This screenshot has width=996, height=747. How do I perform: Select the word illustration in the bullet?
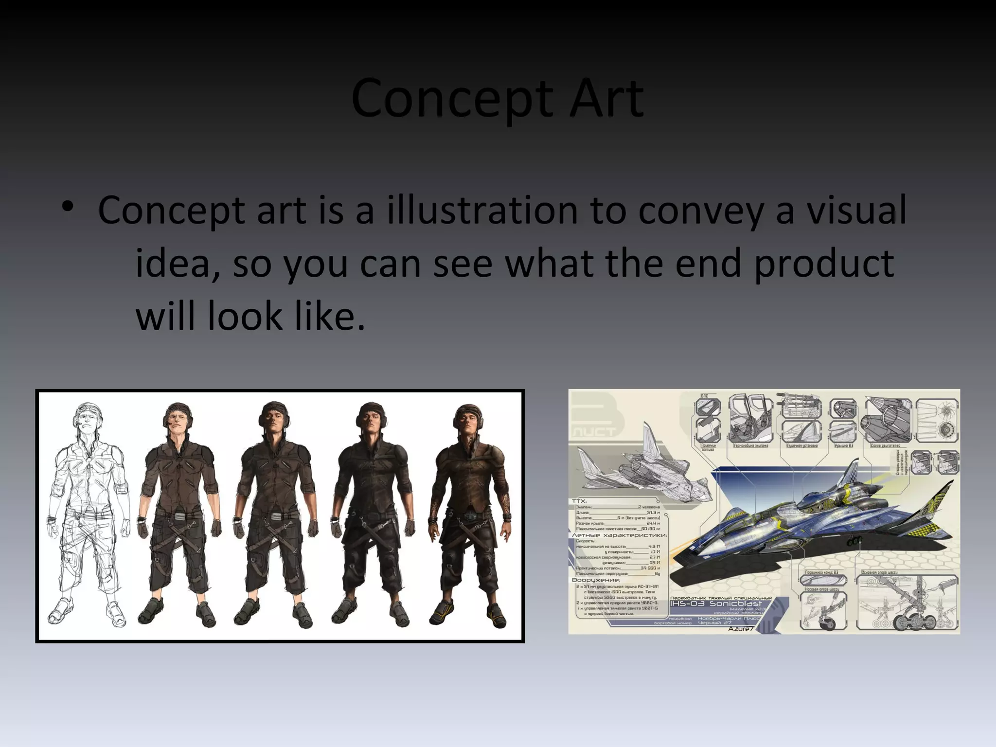point(481,210)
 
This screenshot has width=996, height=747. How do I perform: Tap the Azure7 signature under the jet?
point(741,629)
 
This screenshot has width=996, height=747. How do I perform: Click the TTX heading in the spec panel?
point(579,501)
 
